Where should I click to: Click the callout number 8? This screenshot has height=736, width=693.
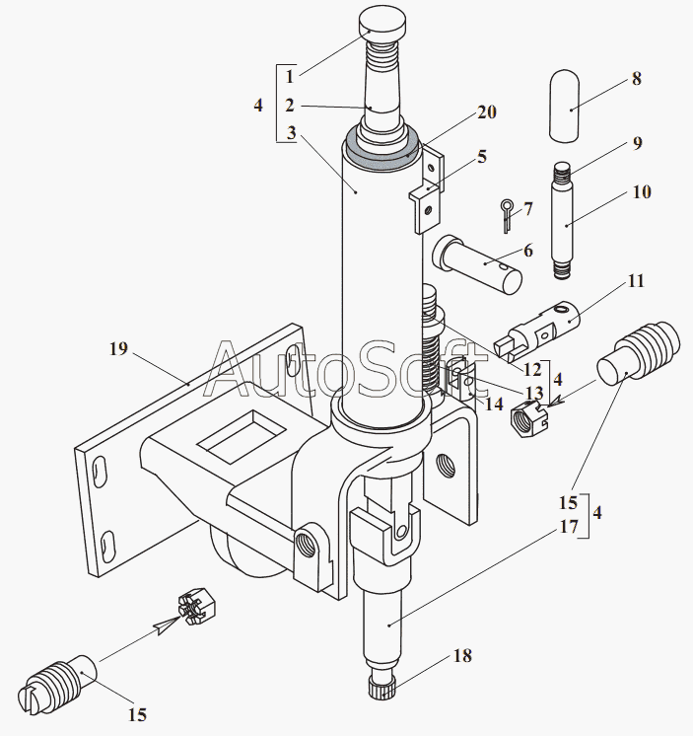click(636, 78)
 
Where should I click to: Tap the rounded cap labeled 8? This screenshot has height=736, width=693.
click(564, 106)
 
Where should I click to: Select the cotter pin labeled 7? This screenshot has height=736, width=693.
click(507, 215)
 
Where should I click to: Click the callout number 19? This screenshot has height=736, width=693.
click(118, 348)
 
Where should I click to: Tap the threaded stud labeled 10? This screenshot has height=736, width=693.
click(562, 221)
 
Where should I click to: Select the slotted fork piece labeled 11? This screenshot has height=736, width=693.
click(538, 331)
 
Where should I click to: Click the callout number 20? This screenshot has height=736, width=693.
click(487, 112)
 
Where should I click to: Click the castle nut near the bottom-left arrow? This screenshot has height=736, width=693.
click(196, 606)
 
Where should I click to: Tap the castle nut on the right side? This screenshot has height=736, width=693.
click(529, 418)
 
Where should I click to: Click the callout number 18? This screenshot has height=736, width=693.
click(462, 655)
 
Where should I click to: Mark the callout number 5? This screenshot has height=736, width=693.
click(482, 156)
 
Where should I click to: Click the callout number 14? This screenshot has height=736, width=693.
click(493, 404)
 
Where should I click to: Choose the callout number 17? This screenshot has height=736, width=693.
click(569, 526)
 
